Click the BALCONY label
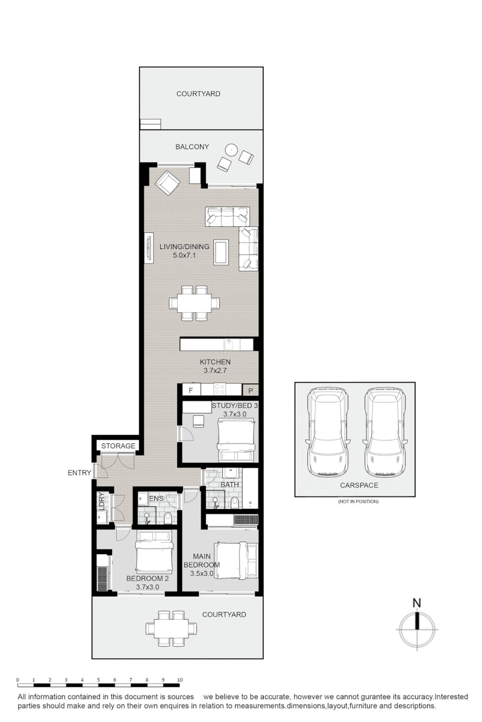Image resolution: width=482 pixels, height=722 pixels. pos(192,147)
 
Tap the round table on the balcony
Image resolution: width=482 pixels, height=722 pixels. pos(231,149)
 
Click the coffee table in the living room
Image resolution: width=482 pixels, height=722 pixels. pos(221,252)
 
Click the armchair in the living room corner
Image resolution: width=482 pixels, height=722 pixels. pos(167,183)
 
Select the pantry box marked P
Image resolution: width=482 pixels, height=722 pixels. pos(251,390)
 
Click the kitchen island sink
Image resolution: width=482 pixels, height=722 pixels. pos(229,344)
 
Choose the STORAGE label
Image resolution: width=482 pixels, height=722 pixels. pos(118,446)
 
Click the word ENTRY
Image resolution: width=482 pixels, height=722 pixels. pos(80,473)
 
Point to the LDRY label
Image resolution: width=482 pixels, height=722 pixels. pos(101,502)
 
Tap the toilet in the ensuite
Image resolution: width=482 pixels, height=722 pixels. pos(168,518)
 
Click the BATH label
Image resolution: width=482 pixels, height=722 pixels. pos(230,484)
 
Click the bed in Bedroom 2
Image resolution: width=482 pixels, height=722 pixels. pos(154,551)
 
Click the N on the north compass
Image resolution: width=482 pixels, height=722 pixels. pos(417,603)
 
